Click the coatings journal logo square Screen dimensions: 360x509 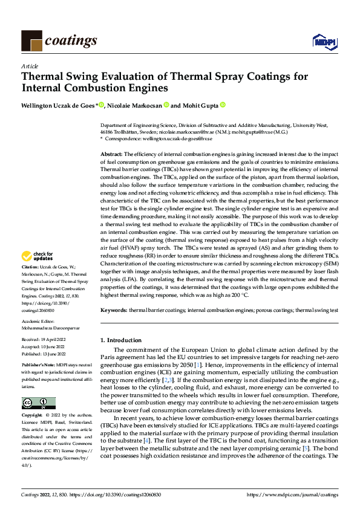31,40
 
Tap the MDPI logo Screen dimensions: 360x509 324,41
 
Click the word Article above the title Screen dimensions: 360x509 30,66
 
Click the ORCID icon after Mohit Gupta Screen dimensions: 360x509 223,105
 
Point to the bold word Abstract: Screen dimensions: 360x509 111,155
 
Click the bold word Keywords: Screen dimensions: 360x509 113,310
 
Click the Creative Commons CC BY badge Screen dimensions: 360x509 38,386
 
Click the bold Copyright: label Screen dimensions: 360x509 31,399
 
